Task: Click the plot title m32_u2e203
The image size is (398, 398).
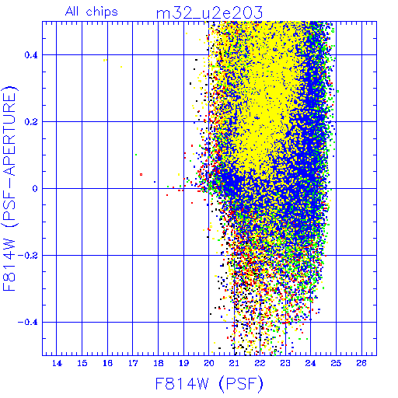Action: (x=209, y=12)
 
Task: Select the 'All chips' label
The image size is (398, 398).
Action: (x=92, y=12)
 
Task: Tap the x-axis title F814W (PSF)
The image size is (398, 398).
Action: (x=209, y=383)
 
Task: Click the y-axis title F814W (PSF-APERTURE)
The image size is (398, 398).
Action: (x=10, y=188)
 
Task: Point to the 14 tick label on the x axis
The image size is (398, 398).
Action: (x=57, y=363)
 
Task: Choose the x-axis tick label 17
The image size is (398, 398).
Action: (x=133, y=363)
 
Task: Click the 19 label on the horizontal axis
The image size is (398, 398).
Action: (x=183, y=363)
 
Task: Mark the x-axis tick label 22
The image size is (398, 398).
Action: (x=260, y=363)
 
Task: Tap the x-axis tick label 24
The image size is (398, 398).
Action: (x=311, y=363)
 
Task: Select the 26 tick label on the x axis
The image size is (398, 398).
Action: (x=361, y=363)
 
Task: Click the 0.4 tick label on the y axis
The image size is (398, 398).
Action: (x=31, y=55)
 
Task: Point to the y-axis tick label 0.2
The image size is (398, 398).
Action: (x=31, y=122)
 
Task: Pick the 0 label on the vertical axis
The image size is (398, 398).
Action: (x=35, y=189)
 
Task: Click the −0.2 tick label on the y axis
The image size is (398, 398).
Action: (x=28, y=256)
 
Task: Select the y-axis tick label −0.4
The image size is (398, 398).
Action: (x=28, y=323)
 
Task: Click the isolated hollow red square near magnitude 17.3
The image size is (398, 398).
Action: (x=141, y=175)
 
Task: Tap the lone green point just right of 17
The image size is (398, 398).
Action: (x=136, y=155)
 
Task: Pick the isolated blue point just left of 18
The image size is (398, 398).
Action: (x=155, y=182)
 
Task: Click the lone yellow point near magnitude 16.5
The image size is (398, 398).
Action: (x=121, y=67)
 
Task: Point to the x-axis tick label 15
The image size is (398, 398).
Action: (x=82, y=363)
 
